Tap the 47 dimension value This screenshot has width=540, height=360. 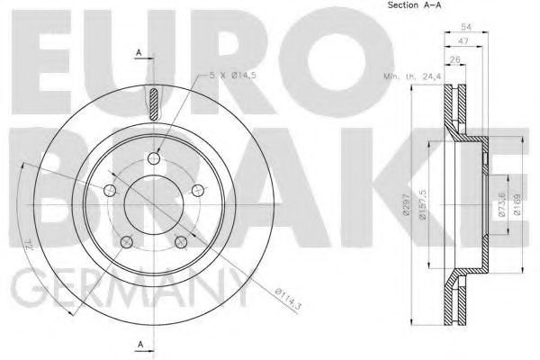[462, 42]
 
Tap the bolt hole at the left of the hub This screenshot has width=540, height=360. [110, 189]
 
